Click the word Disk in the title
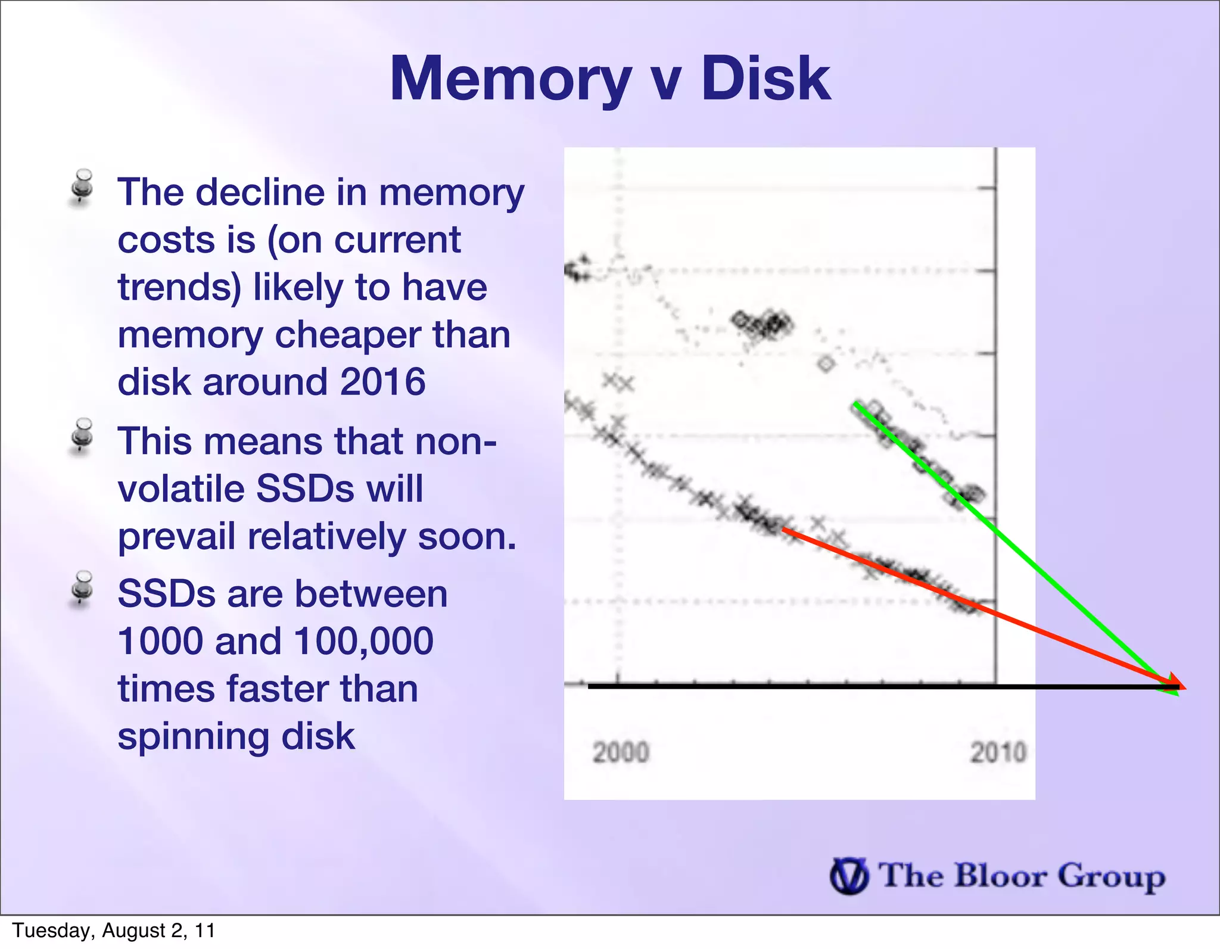[765, 79]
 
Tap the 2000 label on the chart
[620, 752]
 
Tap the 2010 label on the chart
[998, 752]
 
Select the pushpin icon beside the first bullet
[82, 186]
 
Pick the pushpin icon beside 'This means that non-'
[82, 436]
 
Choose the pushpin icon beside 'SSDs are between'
[82, 589]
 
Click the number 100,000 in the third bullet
[363, 642]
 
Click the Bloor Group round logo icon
[848, 876]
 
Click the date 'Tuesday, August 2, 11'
[114, 931]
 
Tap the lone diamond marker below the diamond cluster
[826, 363]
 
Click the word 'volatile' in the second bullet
[182, 489]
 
